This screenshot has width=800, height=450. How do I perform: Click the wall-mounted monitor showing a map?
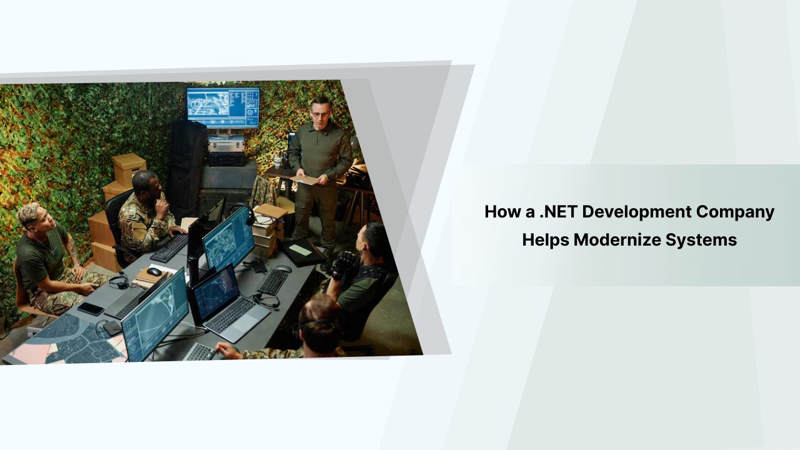(223, 107)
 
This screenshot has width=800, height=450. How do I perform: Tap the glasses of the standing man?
(320, 114)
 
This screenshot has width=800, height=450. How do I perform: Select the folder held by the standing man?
(306, 179)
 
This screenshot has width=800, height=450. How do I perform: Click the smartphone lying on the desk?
(91, 308)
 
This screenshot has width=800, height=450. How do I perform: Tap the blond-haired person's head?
(29, 216)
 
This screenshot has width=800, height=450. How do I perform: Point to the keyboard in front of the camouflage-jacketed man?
(169, 247)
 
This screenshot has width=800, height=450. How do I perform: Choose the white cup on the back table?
(277, 162)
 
